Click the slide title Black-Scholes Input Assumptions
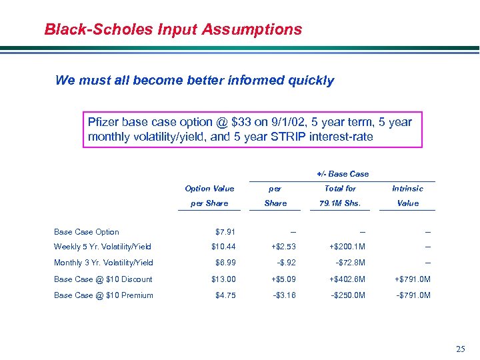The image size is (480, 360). [x=173, y=30]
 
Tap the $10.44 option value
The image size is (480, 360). [x=223, y=247]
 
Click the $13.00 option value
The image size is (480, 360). [x=223, y=279]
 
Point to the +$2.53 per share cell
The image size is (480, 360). [x=275, y=247]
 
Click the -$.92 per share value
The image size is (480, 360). [x=275, y=263]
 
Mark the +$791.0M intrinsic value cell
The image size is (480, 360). [x=409, y=279]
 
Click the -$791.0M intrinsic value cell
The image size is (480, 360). [x=409, y=295]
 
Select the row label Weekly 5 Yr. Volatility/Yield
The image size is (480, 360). [x=103, y=247]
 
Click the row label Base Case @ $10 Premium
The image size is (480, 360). [x=103, y=295]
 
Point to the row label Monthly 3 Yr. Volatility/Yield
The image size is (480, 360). [x=103, y=263]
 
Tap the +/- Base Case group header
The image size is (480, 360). [x=343, y=174]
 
